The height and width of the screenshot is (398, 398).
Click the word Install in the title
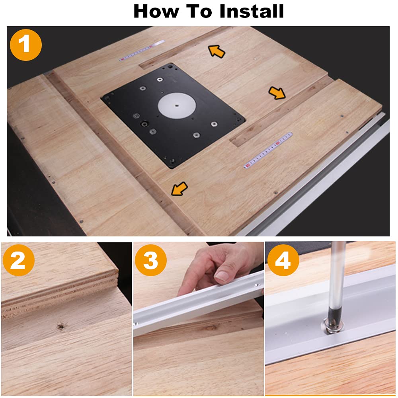[252, 11]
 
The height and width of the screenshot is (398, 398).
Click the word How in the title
[156, 11]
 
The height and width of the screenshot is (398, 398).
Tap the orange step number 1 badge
[25, 45]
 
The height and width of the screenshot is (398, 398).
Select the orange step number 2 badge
[19, 260]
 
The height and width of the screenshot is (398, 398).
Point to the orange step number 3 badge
[150, 260]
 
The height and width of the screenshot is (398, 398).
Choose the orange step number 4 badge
[283, 260]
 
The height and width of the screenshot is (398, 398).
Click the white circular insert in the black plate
[177, 105]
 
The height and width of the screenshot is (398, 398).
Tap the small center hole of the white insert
[177, 105]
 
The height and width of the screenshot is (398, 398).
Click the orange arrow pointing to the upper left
[217, 51]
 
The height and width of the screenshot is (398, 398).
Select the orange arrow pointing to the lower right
[277, 93]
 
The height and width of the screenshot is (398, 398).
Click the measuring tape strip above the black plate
[142, 51]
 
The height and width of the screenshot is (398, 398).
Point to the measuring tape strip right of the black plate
[268, 150]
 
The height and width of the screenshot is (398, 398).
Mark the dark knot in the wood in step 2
[60, 326]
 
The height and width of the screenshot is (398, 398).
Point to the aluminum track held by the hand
[198, 304]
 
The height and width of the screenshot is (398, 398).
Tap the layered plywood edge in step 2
[60, 295]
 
